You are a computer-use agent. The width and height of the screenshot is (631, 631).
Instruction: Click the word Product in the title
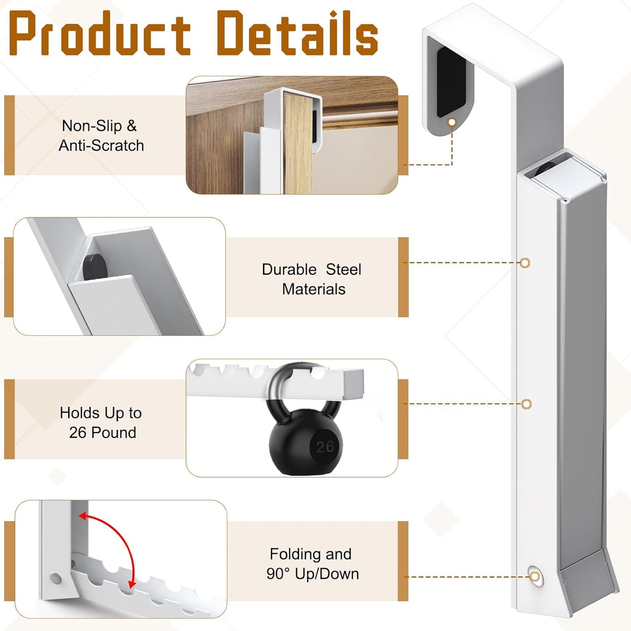click(x=100, y=33)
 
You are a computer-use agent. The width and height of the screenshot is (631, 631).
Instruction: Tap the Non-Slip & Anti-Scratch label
click(x=101, y=135)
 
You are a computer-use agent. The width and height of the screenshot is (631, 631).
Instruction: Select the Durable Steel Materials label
click(x=312, y=279)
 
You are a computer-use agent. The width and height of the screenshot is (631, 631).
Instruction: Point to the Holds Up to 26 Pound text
click(x=101, y=422)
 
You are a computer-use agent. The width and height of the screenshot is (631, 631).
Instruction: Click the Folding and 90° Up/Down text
click(x=312, y=564)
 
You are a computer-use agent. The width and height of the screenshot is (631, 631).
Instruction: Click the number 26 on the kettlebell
click(x=325, y=447)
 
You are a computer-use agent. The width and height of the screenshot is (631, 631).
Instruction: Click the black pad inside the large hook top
click(x=452, y=82)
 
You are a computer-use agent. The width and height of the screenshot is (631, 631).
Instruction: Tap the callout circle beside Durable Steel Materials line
click(x=525, y=263)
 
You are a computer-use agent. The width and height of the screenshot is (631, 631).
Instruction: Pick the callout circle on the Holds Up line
click(x=526, y=404)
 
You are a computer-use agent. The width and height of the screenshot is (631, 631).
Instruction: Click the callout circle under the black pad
click(x=452, y=122)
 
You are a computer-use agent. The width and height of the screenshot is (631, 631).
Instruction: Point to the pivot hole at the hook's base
click(x=535, y=577)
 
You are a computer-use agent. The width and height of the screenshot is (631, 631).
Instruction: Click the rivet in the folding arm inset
click(x=56, y=579)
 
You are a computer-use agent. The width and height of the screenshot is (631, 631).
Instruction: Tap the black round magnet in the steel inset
click(x=95, y=268)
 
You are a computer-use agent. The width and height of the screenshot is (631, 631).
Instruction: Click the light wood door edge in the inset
click(x=297, y=143)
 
